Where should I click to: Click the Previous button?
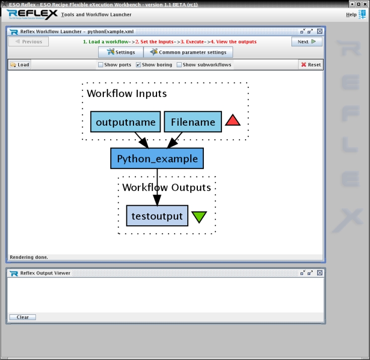(29, 42)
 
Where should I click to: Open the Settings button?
(121, 52)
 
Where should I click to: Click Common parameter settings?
(188, 52)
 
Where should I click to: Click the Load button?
(20, 64)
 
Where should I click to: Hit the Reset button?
(310, 64)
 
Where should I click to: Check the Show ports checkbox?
(101, 65)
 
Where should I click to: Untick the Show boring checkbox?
(138, 65)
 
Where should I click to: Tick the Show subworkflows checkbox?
(179, 65)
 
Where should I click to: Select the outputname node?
(125, 122)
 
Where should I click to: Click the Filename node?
(193, 122)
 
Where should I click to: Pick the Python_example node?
(157, 159)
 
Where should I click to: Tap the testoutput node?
(157, 216)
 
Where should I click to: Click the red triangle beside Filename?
(233, 121)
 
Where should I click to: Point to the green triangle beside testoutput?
(199, 217)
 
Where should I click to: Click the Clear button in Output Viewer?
(23, 317)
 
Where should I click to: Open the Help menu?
(351, 15)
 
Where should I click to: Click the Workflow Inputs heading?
(127, 94)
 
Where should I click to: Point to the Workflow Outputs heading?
(167, 188)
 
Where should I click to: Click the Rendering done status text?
(29, 257)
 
